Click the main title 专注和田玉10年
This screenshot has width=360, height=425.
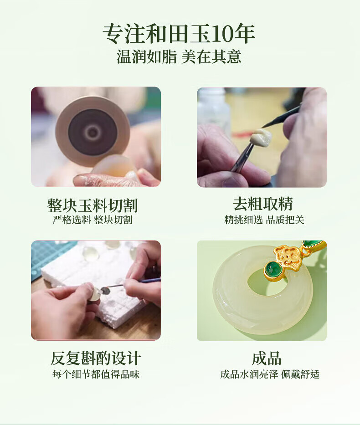(179, 34)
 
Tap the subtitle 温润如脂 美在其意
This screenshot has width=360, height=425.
(179, 57)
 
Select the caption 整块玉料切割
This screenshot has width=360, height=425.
(93, 205)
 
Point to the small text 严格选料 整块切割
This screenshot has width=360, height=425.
(93, 220)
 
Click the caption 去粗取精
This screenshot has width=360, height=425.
(263, 204)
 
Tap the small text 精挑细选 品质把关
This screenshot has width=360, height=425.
(264, 220)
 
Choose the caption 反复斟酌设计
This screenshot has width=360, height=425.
(96, 358)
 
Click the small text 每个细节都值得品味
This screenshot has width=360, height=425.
(96, 374)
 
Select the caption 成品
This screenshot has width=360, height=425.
(267, 358)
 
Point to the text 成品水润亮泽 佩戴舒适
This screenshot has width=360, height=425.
(270, 374)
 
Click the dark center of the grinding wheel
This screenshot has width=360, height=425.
(93, 132)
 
